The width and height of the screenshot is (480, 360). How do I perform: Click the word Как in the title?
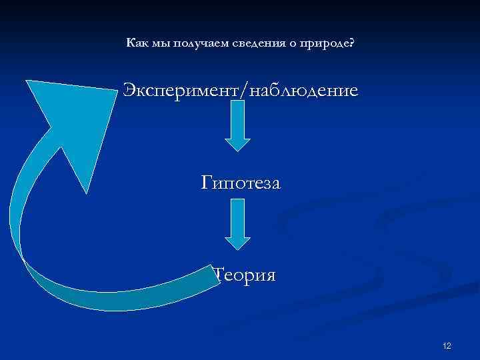tap(136, 43)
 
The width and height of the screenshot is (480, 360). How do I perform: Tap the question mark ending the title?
tap(351, 43)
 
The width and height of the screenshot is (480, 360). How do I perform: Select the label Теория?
tap(244, 274)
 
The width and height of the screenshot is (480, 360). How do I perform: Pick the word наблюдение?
tap(303, 90)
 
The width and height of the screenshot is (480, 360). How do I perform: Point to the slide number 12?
tap(447, 345)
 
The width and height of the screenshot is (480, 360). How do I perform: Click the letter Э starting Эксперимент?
tap(129, 90)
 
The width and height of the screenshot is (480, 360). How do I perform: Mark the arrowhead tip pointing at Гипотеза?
tap(237, 150)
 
